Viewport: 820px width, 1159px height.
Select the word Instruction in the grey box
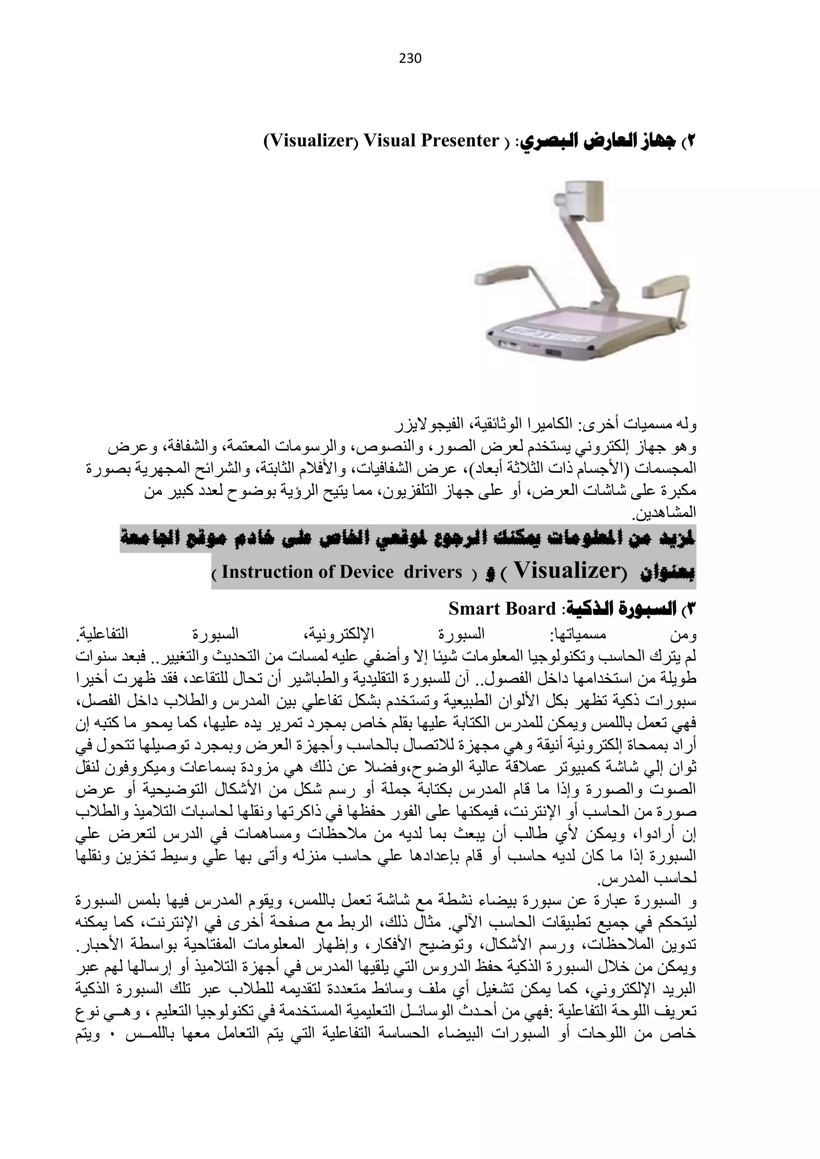tap(265, 572)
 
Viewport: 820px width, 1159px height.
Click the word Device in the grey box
tap(367, 572)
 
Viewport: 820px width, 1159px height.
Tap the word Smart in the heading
tap(470, 609)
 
